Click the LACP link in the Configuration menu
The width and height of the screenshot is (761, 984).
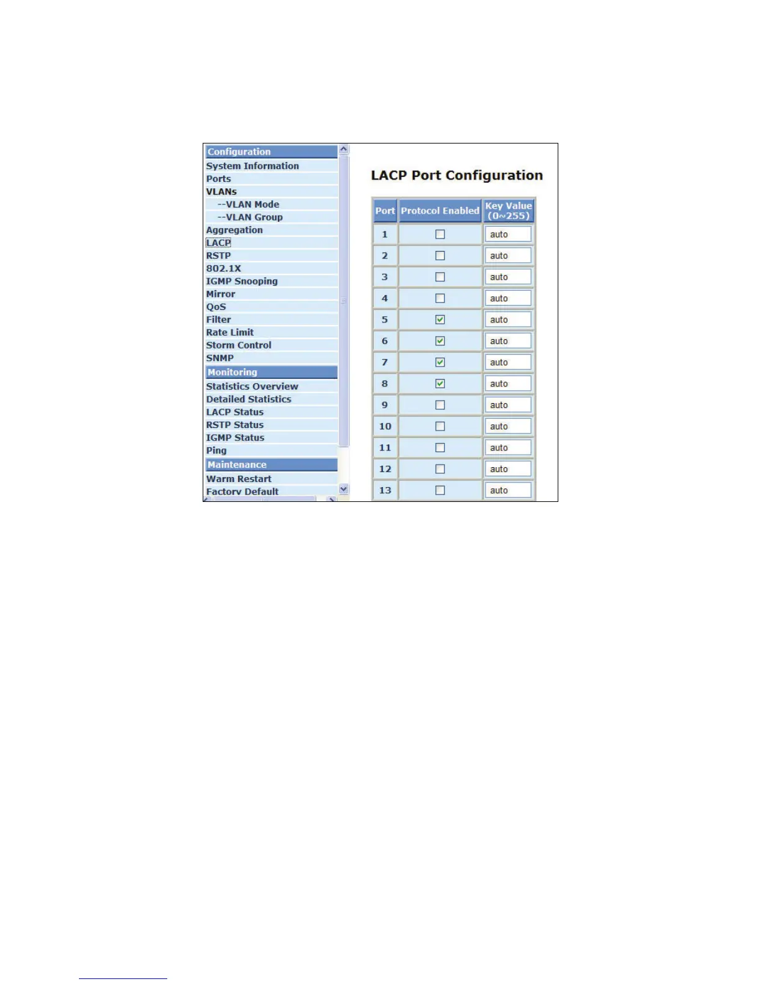(218, 243)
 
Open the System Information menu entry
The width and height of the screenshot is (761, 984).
(252, 166)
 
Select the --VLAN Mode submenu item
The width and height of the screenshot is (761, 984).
(248, 204)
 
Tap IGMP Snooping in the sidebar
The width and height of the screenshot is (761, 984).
(242, 281)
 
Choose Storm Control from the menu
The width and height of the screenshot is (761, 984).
(239, 345)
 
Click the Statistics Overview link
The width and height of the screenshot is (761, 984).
(252, 386)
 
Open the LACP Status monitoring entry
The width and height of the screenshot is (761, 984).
(235, 412)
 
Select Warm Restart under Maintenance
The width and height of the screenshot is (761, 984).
(239, 479)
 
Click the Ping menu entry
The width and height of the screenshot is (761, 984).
(216, 450)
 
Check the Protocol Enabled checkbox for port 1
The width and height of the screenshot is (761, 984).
(440, 234)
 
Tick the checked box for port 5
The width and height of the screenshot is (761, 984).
(440, 319)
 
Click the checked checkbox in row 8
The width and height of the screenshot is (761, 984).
(440, 383)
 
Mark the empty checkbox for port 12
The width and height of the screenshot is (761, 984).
(440, 469)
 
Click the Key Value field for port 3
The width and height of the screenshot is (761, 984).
(508, 277)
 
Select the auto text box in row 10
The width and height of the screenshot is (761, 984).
(508, 426)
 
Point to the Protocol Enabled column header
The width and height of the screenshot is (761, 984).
(440, 211)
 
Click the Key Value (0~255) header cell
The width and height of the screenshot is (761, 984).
(509, 211)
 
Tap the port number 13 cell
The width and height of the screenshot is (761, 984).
(385, 490)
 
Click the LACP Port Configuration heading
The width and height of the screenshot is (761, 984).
(457, 175)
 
